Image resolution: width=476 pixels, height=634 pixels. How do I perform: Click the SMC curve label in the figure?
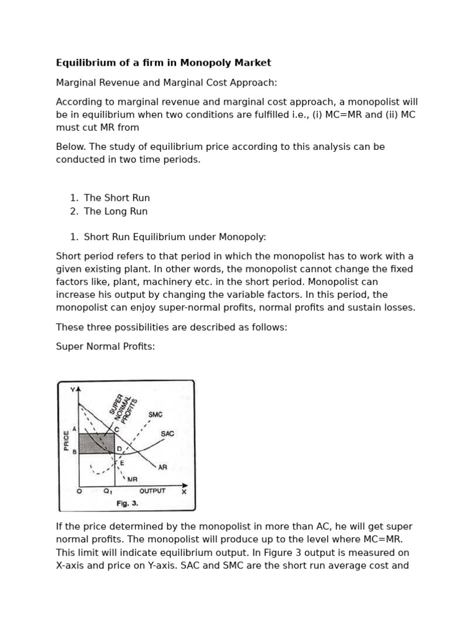(156, 414)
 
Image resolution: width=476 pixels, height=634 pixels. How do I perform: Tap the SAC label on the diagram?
(167, 433)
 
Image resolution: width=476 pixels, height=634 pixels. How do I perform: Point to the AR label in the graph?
(162, 467)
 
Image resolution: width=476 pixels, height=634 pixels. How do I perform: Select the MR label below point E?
(132, 479)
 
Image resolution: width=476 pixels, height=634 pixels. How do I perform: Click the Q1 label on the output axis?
(107, 492)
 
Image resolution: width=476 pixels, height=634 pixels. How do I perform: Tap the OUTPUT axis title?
(152, 491)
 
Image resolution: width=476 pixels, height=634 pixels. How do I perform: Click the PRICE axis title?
(66, 440)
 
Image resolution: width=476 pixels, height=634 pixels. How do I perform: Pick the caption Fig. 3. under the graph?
(127, 503)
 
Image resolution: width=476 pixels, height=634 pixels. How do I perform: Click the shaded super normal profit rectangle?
(96, 443)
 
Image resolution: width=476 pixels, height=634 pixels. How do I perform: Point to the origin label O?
(79, 492)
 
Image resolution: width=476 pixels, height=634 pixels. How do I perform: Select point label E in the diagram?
(121, 462)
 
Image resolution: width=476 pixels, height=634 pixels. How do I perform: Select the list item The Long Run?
(115, 211)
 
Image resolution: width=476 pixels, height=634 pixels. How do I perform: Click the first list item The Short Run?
(117, 198)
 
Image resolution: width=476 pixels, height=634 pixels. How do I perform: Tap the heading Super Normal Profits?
(105, 346)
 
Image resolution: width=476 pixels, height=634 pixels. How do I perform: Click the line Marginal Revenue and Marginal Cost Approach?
(167, 82)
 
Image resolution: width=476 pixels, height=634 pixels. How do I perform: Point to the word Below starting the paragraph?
(69, 147)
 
